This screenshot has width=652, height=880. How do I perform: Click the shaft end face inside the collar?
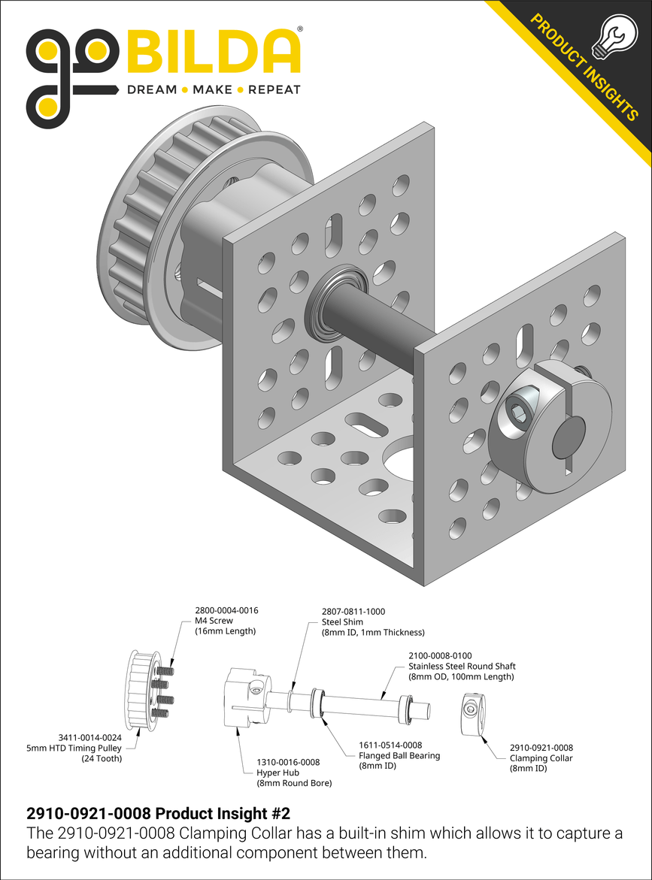pyautogui.click(x=569, y=437)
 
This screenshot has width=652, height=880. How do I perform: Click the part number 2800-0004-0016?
pyautogui.click(x=226, y=610)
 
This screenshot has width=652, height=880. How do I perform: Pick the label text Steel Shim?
pyautogui.click(x=342, y=622)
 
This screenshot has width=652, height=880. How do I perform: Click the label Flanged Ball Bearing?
pyautogui.click(x=399, y=756)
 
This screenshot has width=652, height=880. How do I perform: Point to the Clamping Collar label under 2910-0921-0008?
pyautogui.click(x=541, y=758)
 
